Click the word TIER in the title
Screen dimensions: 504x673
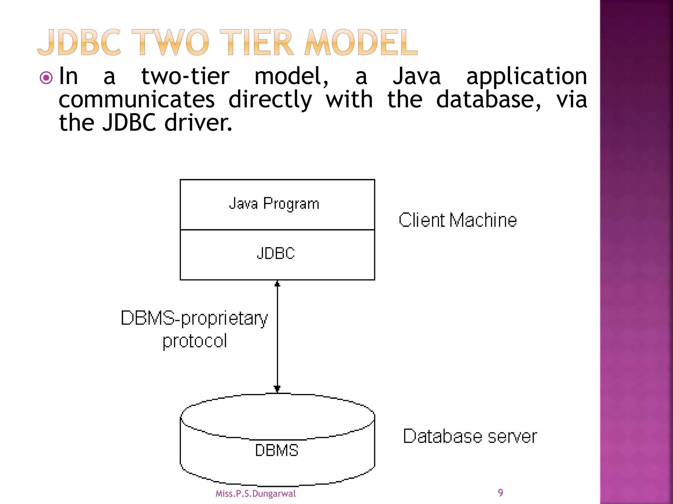tap(257, 43)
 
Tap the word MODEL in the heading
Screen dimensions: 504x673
tap(361, 43)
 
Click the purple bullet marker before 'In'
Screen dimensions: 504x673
tap(46, 78)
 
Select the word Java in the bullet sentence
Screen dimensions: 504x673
tap(417, 77)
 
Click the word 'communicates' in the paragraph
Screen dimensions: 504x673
tap(137, 100)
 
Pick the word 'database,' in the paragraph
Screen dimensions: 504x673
tap(488, 100)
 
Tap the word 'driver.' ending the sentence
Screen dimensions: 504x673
tap(198, 123)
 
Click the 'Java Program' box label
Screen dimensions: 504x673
tap(274, 204)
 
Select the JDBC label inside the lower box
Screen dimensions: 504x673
tap(276, 254)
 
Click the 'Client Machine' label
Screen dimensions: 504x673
tap(457, 220)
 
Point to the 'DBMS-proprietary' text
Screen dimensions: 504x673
tap(194, 318)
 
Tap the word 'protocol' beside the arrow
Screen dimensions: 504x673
tap(195, 341)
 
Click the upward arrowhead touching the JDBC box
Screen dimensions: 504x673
tap(277, 284)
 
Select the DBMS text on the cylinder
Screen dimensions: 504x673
tap(277, 450)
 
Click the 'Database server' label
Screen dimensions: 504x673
tap(470, 436)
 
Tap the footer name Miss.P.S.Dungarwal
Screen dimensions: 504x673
tap(256, 493)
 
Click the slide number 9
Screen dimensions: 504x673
tap(500, 493)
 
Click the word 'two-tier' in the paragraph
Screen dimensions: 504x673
tap(185, 77)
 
